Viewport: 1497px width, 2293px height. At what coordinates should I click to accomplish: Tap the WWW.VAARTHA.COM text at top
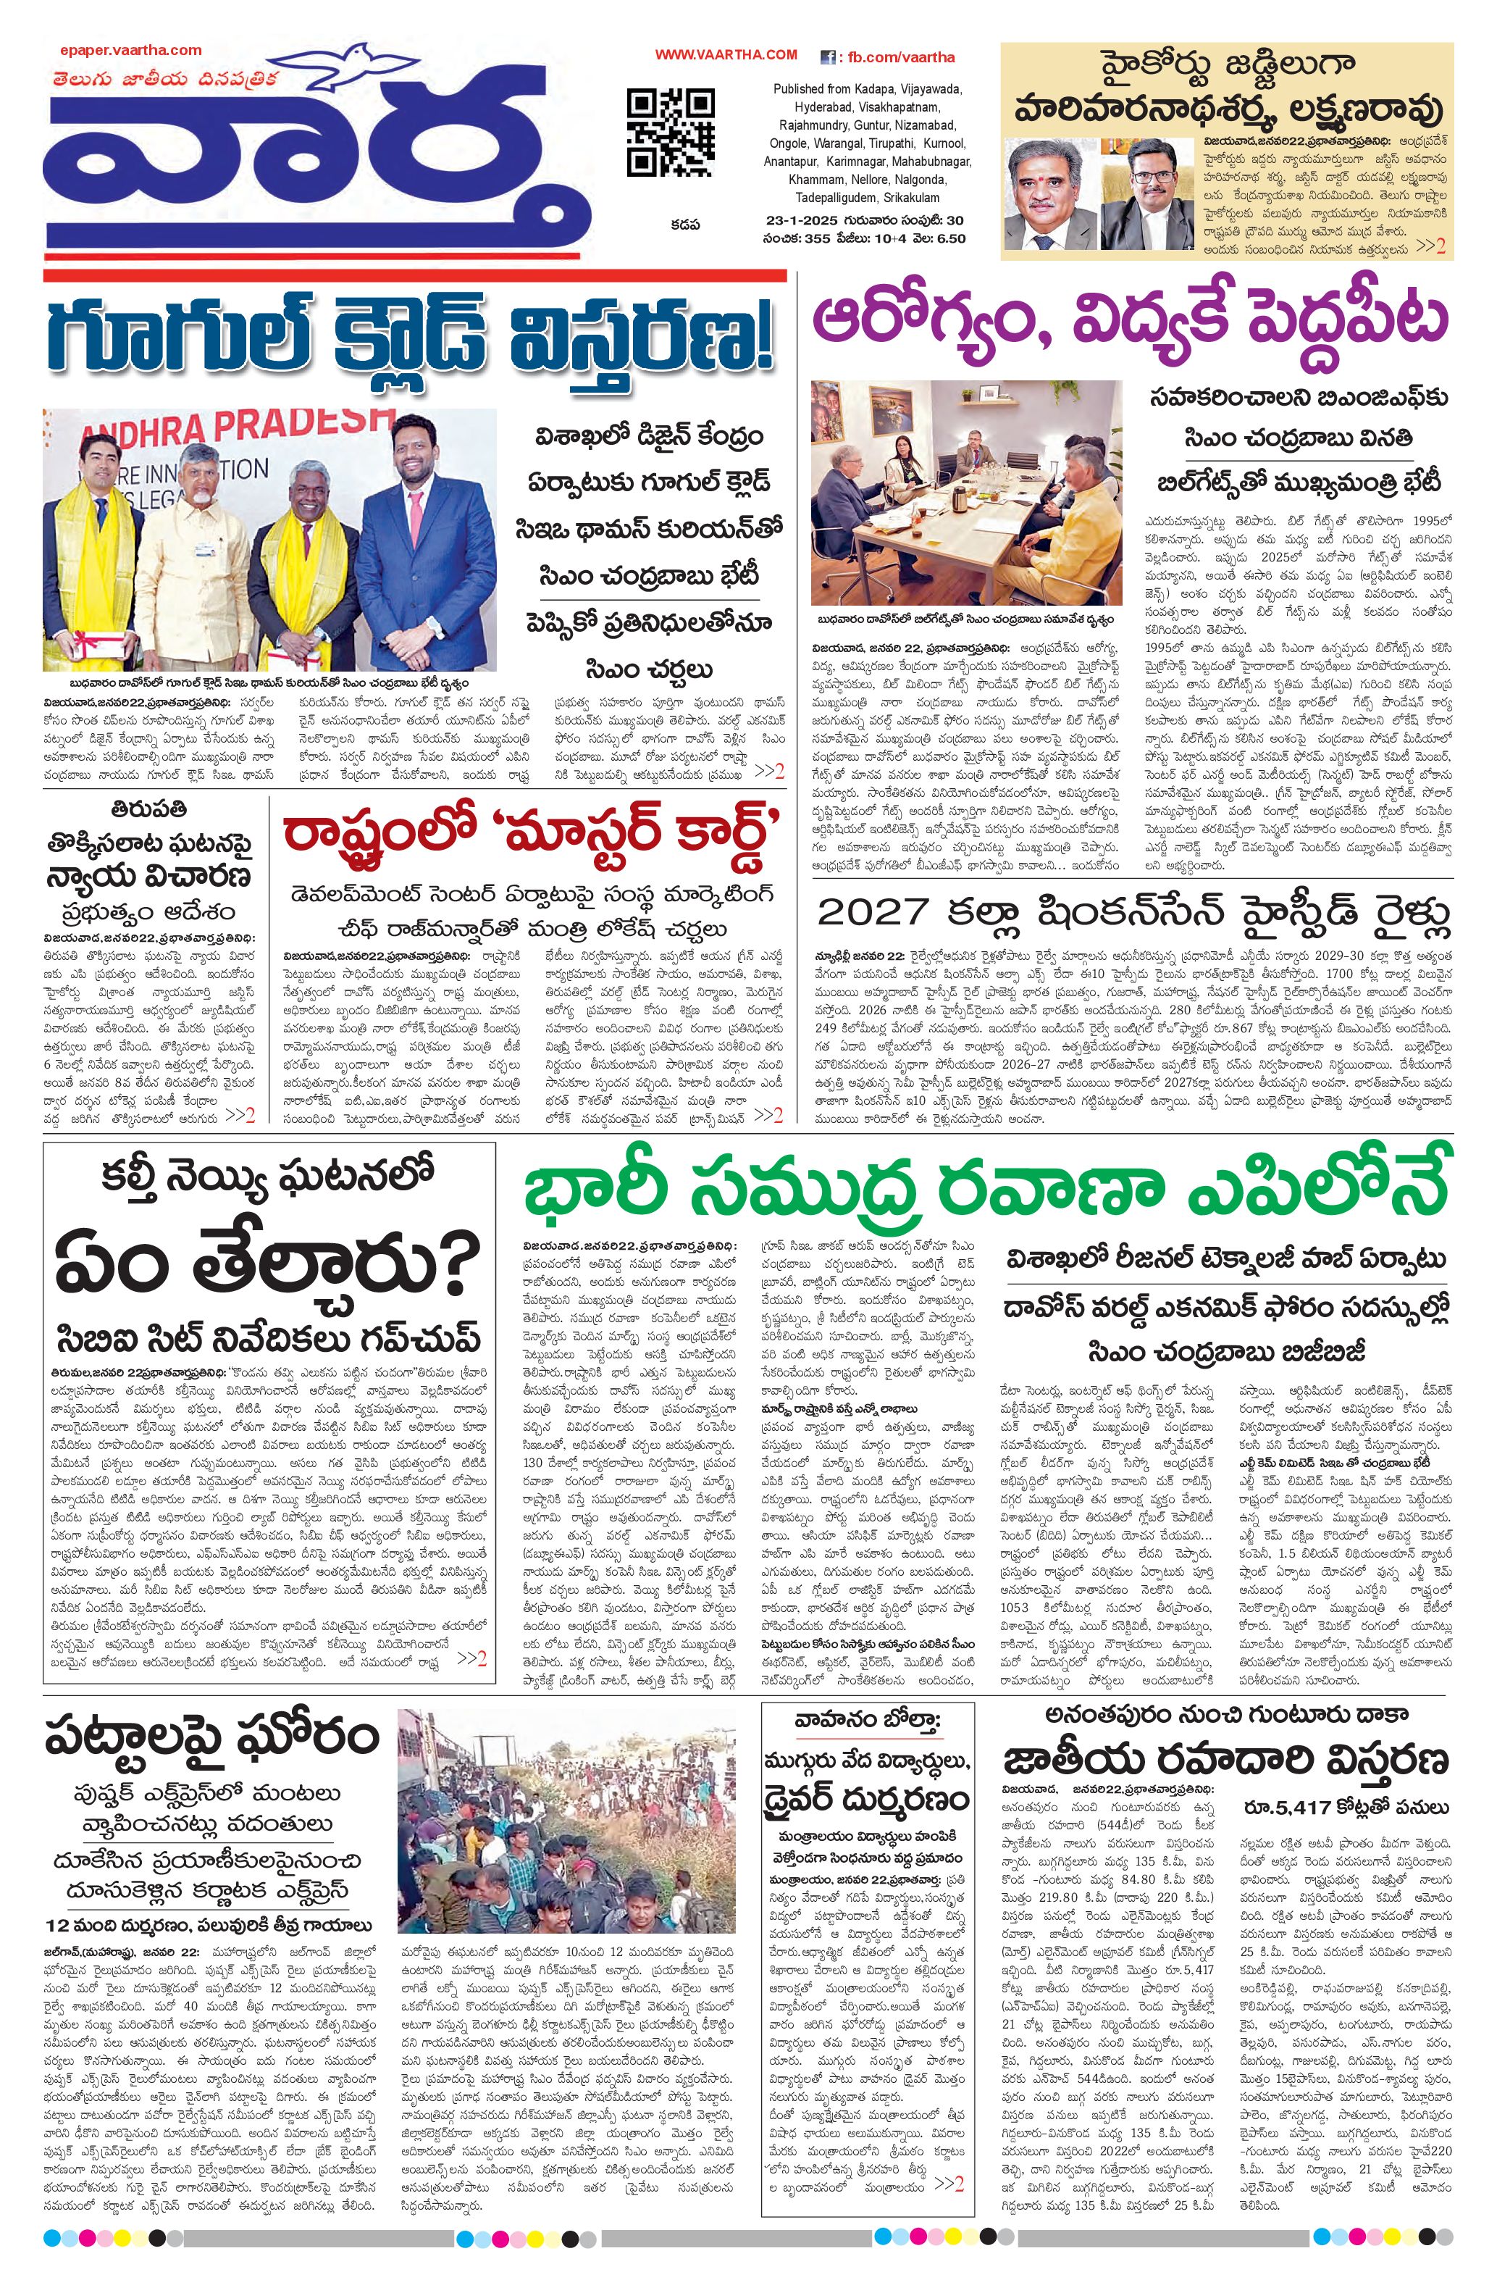(726, 55)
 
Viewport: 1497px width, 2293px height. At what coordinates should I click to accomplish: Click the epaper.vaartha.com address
(130, 50)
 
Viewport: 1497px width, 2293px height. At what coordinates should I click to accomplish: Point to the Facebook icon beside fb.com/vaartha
(826, 57)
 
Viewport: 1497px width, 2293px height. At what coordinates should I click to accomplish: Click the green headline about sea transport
(987, 1193)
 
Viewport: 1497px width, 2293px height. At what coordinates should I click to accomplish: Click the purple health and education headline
(1133, 319)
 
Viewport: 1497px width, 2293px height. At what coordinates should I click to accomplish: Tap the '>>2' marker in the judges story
(1430, 246)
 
